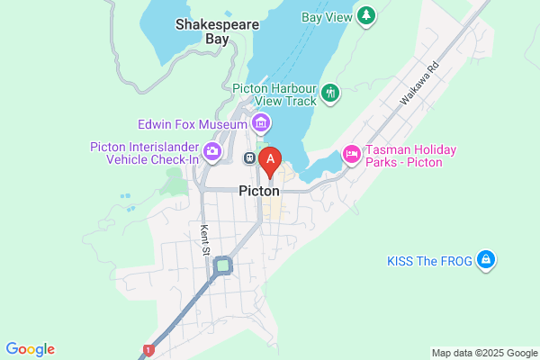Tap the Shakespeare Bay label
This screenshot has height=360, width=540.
[x=202, y=31]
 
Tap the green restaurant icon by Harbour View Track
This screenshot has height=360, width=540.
[x=331, y=93]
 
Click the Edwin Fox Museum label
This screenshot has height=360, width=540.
[x=192, y=123]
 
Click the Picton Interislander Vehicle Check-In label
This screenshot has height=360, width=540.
[x=145, y=153]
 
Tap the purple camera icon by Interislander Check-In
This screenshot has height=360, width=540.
[x=212, y=152]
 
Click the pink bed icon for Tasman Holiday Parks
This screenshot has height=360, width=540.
[x=351, y=155]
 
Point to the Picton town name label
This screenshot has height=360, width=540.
[x=259, y=191]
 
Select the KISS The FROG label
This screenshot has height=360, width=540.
[x=429, y=260]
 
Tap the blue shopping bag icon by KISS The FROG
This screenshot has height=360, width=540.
[x=486, y=260]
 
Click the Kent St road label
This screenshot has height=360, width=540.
[x=205, y=238]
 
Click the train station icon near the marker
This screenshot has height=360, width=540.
[x=249, y=158]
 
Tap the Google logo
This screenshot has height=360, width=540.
[x=30, y=349]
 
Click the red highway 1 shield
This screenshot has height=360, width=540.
[x=148, y=349]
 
